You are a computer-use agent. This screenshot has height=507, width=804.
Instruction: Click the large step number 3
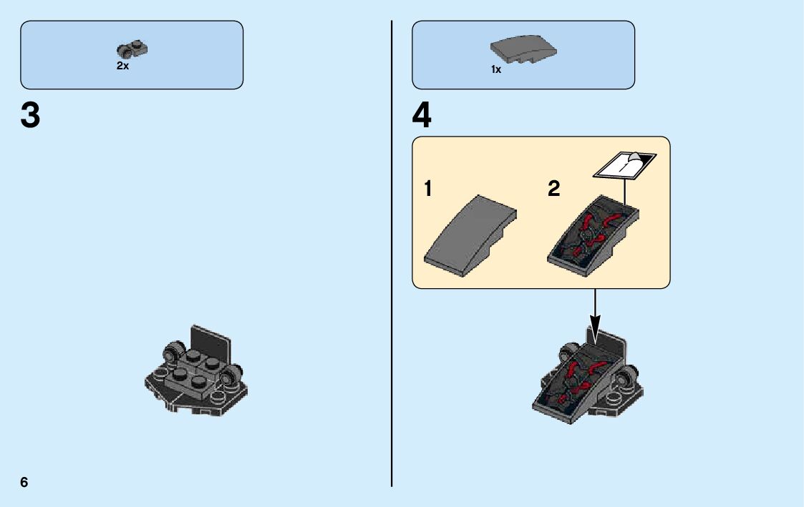30,115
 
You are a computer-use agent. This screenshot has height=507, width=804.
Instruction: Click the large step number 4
422,115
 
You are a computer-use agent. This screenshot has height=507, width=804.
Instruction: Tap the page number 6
24,482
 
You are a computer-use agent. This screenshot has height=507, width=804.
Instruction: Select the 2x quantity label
122,66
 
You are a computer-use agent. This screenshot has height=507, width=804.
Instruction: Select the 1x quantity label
496,69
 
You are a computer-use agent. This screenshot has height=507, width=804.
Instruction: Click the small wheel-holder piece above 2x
132,49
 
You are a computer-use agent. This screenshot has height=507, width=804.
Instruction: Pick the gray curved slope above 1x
523,49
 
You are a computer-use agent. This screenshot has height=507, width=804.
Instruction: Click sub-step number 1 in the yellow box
428,189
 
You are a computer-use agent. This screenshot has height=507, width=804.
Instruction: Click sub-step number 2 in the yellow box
553,189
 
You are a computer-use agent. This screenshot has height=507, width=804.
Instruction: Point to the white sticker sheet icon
624,165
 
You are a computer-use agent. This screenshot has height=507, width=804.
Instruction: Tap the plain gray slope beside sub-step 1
470,235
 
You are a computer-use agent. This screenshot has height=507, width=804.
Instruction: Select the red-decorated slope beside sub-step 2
593,236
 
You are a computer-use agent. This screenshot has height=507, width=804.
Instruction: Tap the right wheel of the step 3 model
233,375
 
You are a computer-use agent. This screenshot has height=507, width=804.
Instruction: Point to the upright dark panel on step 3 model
210,342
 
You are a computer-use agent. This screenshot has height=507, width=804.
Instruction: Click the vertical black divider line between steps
392,253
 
